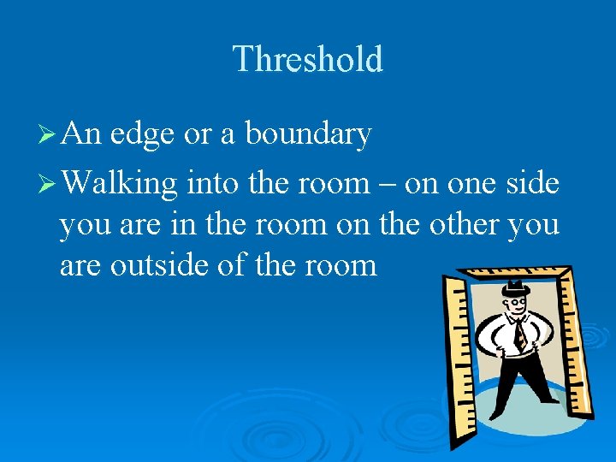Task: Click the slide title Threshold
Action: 307,59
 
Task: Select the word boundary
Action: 308,134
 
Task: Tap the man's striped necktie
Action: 519,333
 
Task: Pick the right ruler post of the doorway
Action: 581,342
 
